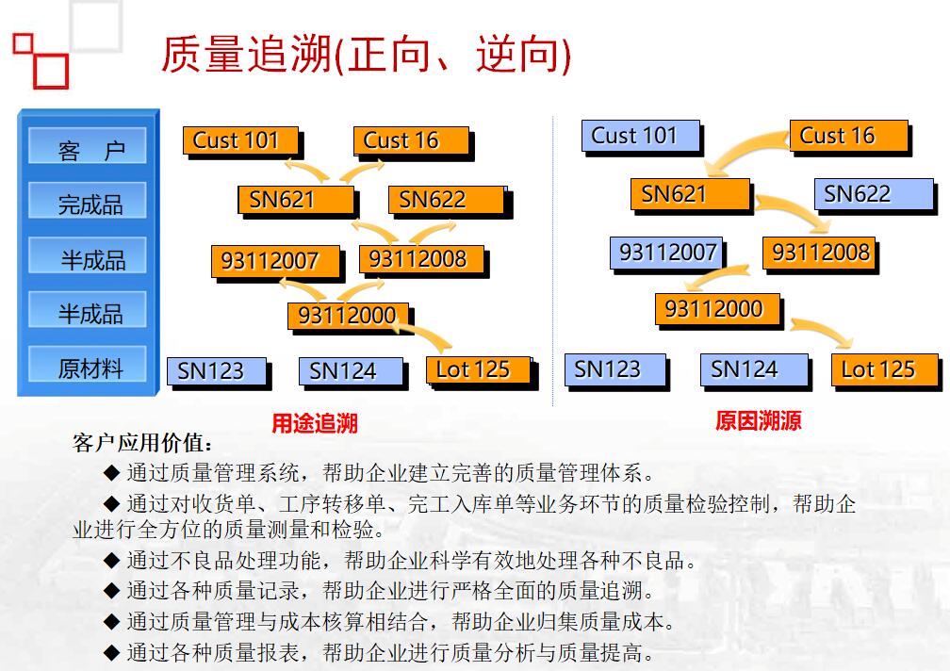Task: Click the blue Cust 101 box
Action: coord(641,136)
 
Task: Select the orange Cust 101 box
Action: coord(240,140)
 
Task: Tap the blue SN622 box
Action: coord(874,194)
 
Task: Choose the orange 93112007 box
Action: coord(275,261)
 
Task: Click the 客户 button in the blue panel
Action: coord(88,146)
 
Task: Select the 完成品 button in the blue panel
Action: coord(88,201)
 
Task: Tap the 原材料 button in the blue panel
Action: coord(88,364)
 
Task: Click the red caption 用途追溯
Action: coord(315,423)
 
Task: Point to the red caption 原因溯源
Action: coord(758,420)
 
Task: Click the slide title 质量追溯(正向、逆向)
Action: coord(366,55)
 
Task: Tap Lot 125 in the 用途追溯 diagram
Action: coord(478,369)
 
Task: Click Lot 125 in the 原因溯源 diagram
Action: coord(885,369)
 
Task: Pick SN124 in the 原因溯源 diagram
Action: coord(754,369)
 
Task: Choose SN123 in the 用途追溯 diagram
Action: coord(217,371)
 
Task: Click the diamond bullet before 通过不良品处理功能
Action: coord(111,560)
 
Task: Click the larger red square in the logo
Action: coord(51,72)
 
